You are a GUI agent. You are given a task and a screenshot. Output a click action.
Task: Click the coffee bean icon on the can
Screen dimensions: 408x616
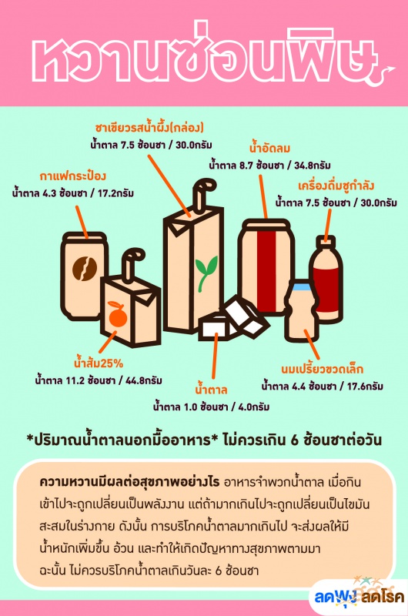point(85,269)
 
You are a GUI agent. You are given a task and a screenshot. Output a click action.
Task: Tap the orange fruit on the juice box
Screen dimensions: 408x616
point(118,314)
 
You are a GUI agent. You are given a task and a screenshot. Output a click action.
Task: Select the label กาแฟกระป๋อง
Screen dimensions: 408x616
point(73,176)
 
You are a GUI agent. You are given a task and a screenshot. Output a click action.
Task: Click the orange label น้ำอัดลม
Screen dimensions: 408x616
point(269,148)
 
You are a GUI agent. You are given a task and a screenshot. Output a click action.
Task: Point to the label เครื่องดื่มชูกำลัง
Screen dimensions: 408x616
point(336,186)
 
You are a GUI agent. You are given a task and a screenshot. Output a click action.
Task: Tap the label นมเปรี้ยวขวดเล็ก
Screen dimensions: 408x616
point(322,369)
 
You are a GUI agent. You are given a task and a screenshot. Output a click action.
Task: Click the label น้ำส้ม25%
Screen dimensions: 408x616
point(99,363)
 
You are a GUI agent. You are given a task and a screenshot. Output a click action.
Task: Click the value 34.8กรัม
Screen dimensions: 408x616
point(313,166)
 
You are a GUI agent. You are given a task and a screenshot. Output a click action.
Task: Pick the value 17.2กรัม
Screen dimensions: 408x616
point(115,193)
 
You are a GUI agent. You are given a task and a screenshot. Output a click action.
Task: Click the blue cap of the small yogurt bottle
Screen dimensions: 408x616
point(302,286)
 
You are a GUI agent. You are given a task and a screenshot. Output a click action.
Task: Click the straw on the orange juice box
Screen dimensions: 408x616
point(132,264)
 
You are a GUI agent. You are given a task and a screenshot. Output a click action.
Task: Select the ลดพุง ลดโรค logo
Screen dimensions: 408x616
point(359,596)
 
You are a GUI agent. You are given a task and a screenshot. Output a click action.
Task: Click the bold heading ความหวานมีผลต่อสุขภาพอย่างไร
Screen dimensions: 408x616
point(129,482)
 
